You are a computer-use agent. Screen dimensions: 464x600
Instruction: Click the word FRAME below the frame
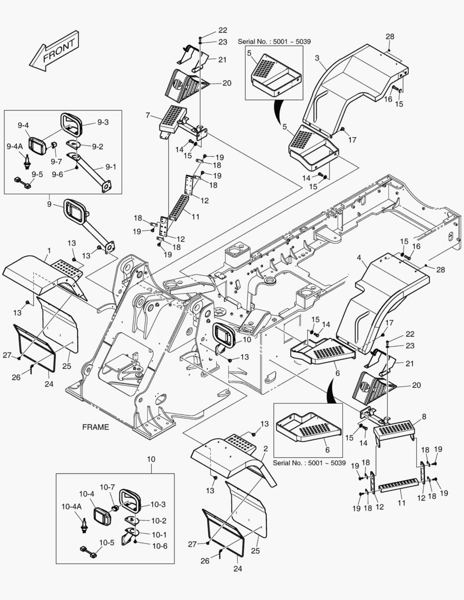[x=96, y=427]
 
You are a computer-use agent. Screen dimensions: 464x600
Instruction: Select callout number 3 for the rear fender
[x=317, y=58]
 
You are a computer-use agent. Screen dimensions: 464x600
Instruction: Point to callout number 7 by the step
[x=148, y=115]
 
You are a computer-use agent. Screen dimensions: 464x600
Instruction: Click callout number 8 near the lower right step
[x=425, y=416]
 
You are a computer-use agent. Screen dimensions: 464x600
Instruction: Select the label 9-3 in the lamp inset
[x=103, y=122]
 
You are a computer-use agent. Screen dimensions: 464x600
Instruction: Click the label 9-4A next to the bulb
[x=14, y=146]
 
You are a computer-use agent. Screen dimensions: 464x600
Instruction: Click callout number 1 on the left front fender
[x=49, y=251]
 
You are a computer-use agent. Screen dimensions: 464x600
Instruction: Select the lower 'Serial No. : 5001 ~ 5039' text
[x=310, y=463]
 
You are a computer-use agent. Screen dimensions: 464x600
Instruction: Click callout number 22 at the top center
[x=207, y=30]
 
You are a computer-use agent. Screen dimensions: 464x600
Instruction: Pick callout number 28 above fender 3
[x=390, y=37]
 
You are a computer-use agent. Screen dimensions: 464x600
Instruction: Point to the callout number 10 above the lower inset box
[x=151, y=460]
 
